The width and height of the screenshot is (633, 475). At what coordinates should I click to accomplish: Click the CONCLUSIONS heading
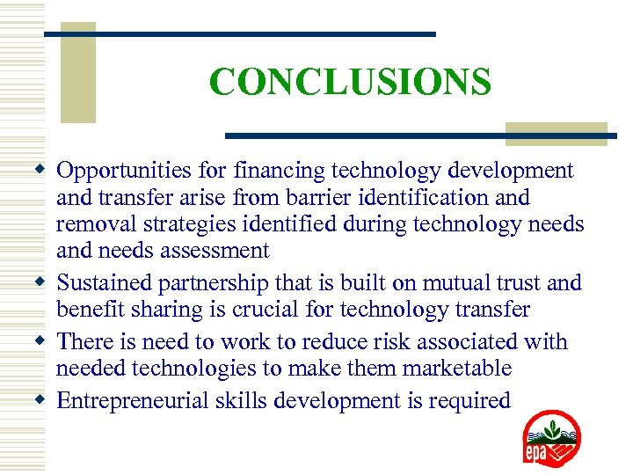(350, 83)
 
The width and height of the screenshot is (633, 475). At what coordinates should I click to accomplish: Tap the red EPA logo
(551, 437)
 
